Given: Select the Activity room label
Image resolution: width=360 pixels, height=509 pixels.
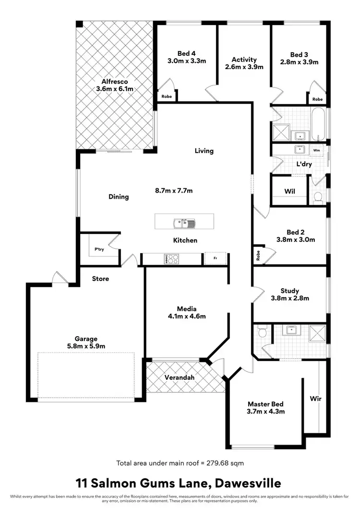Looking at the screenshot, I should pyautogui.click(x=244, y=60).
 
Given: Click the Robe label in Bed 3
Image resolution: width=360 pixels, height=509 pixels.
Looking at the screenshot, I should pyautogui.click(x=317, y=99).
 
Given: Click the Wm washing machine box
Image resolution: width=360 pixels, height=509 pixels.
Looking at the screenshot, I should pyautogui.click(x=316, y=150).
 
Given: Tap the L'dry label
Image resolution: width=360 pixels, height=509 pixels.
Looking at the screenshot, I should pyautogui.click(x=304, y=164).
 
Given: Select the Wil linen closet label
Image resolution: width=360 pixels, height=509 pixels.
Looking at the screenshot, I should pyautogui.click(x=289, y=192).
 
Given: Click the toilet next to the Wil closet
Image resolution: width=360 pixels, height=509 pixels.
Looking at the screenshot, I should pyautogui.click(x=317, y=197).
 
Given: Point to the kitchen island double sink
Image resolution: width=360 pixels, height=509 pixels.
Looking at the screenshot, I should pyautogui.click(x=184, y=223).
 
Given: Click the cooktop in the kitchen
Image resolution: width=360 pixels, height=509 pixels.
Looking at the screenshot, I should pyautogui.click(x=171, y=259).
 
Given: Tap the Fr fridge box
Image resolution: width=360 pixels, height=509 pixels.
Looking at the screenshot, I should pyautogui.click(x=215, y=258).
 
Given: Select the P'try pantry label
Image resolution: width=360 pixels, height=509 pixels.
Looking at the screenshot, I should pyautogui.click(x=99, y=249).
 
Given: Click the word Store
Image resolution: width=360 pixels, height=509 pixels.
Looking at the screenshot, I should pyautogui.click(x=100, y=279).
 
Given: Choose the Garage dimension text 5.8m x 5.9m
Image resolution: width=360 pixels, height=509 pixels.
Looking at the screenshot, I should pyautogui.click(x=86, y=346).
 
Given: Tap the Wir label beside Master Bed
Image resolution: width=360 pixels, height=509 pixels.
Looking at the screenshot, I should pyautogui.click(x=315, y=399).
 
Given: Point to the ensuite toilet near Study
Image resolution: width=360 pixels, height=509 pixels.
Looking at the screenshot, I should pyautogui.click(x=262, y=332).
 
